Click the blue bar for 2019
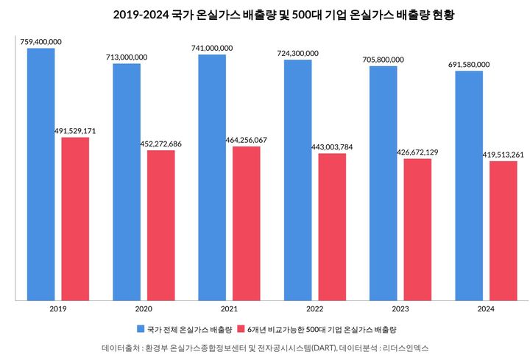tap(40, 174)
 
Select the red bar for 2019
tap(75, 219)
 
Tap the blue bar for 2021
tap(212, 177)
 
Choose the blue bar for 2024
tap(469, 186)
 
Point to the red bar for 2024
tap(504, 230)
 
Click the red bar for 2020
tap(160, 225)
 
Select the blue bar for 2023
tap(384, 183)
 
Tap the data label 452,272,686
tap(160, 144)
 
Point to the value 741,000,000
tap(212, 48)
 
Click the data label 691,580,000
tap(469, 65)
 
